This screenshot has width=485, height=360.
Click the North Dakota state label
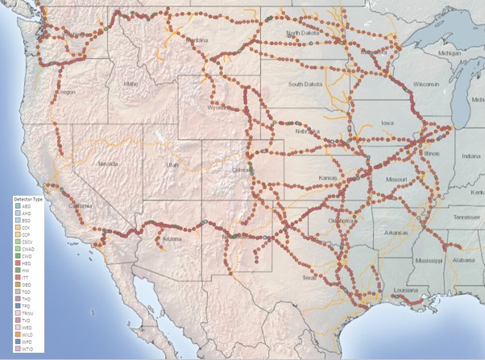coord(305,33)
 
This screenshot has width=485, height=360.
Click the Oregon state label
coord(64,92)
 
